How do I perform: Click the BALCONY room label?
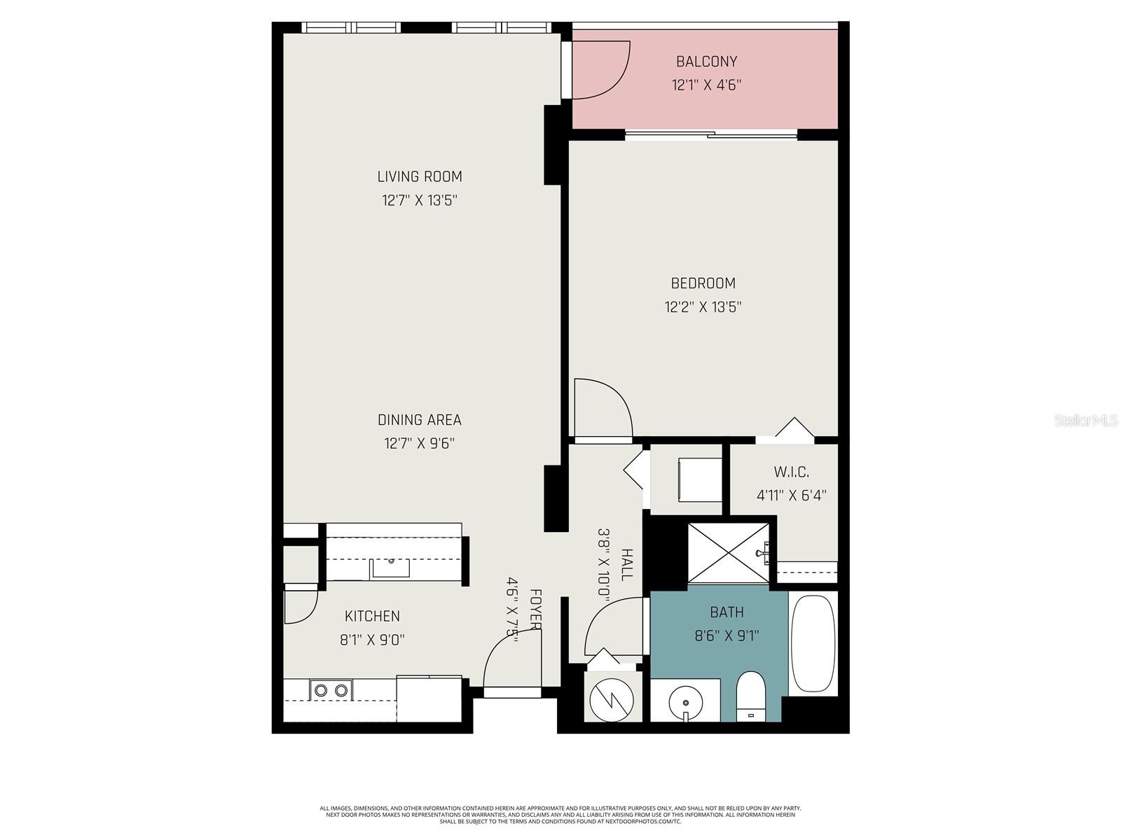706,62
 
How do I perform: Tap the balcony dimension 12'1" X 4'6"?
706,85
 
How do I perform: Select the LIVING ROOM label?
420,176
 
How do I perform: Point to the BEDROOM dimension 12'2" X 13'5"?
703,307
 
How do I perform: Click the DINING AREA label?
420,420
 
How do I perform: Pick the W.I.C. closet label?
792,472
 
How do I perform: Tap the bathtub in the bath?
813,643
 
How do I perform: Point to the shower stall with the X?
729,552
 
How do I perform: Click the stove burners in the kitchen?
331,690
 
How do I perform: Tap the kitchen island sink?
390,567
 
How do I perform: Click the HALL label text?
627,564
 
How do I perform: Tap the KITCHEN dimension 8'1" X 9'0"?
371,639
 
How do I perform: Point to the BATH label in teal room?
727,612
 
